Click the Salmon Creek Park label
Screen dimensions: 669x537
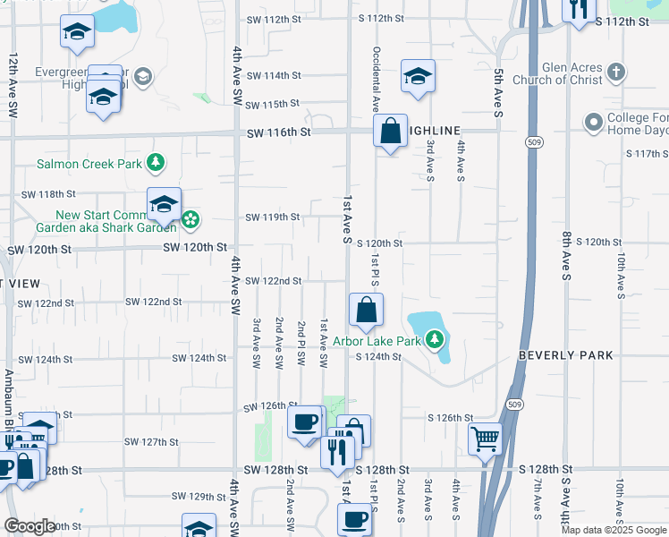pos(89,164)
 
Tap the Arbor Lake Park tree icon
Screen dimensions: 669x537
pos(435,339)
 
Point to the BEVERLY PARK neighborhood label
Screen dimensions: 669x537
pos(566,355)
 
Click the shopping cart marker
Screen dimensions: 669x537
pos(484,439)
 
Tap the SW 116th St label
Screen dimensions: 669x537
pos(280,132)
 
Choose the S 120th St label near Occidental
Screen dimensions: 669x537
pos(380,243)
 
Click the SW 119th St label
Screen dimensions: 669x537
pos(272,217)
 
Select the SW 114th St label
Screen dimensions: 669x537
pos(273,76)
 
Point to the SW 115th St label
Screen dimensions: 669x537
pos(273,105)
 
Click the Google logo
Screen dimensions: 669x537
pos(30,526)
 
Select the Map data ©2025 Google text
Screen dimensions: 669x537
pos(613,530)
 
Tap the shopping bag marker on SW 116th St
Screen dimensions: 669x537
pos(390,132)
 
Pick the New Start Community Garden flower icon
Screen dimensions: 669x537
pos(191,219)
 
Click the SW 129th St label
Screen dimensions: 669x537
pos(199,496)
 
